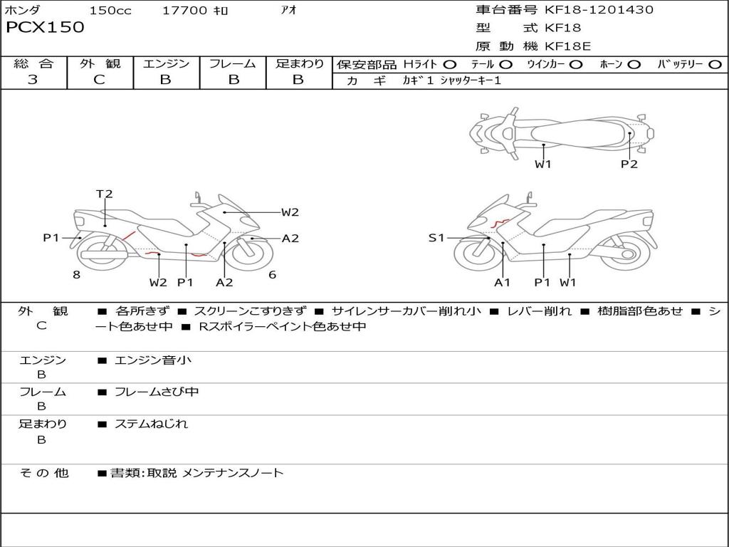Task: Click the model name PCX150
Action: [45, 27]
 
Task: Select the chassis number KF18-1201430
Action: [599, 9]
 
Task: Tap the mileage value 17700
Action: [184, 10]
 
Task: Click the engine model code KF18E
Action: [567, 46]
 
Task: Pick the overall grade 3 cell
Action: [33, 79]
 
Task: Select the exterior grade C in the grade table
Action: [99, 80]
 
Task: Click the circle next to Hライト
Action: [450, 65]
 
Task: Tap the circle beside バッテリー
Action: [715, 65]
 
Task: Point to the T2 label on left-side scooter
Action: [104, 194]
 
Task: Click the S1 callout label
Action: [436, 238]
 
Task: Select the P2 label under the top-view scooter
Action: [629, 164]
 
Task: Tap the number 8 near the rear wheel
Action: [77, 275]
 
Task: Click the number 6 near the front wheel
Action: [273, 275]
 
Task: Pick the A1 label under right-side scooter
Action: [502, 282]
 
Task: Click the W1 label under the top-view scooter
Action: [542, 164]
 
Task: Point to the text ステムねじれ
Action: [151, 424]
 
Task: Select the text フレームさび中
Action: [157, 392]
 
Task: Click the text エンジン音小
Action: [152, 360]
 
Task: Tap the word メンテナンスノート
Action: [233, 473]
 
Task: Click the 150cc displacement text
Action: [110, 10]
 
